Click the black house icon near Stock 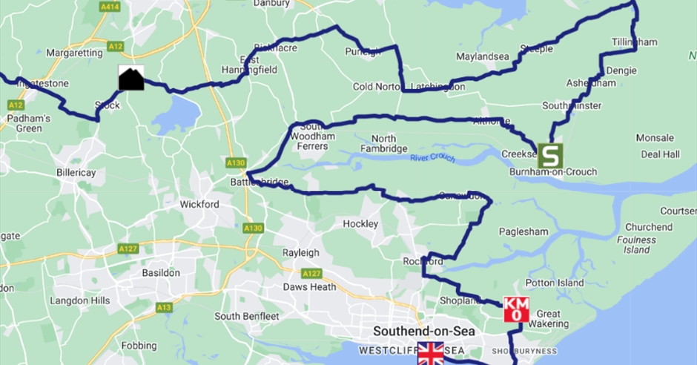[131, 78]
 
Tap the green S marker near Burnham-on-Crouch [550, 155]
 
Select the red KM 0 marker [516, 309]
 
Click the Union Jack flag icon [430, 353]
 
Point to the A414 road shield [110, 6]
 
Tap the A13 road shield [165, 307]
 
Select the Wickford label [200, 204]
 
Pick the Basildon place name [161, 272]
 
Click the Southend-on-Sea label [424, 331]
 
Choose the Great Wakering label [548, 318]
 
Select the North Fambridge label [384, 143]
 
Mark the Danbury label [271, 4]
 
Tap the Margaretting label [73, 53]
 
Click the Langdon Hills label [80, 300]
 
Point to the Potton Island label [555, 283]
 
